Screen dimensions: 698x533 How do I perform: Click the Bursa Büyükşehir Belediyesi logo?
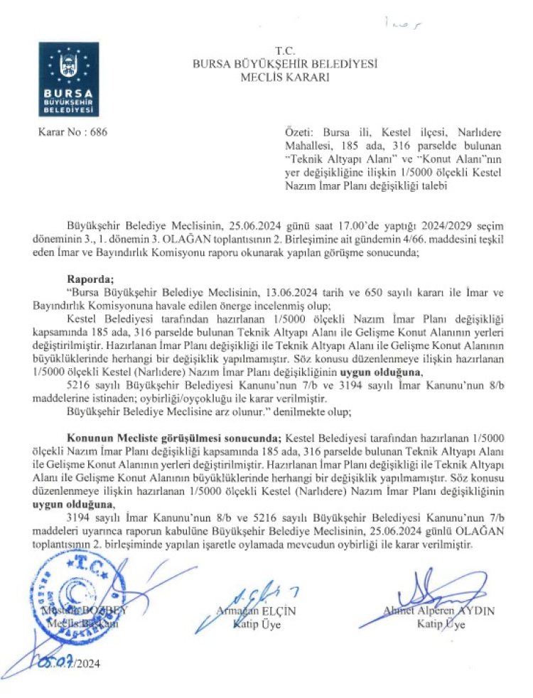coord(69,79)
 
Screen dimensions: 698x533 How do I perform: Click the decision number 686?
coord(94,132)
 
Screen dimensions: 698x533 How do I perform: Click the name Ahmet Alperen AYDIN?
coord(438,611)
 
